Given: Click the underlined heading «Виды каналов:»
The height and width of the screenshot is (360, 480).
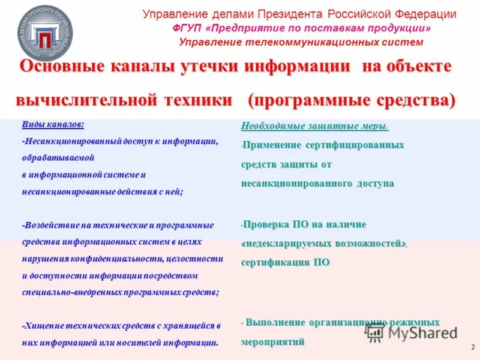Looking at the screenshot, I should pos(53,124).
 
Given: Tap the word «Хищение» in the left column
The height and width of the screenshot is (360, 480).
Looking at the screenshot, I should pos(44,326).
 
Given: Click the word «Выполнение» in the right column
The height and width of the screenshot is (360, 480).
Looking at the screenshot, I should pos(274,323).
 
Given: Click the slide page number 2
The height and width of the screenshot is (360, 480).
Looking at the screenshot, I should pos(473,347).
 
